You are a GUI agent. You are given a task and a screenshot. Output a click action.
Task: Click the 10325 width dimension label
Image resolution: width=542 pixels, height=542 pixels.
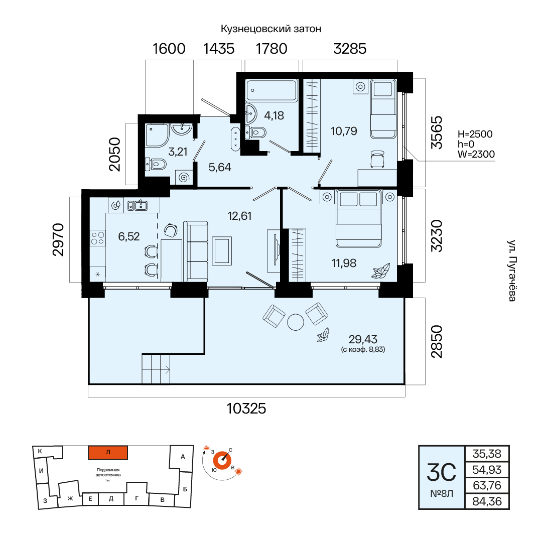[246, 408]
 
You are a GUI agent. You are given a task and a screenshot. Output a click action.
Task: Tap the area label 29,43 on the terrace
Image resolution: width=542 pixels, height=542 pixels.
[363, 339]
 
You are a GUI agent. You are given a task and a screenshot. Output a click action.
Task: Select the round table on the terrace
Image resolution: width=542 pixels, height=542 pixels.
[296, 322]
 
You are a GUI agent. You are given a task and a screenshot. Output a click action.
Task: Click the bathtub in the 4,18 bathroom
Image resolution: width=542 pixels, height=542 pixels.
[272, 90]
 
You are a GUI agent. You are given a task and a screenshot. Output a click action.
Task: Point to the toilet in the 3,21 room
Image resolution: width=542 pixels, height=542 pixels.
[156, 164]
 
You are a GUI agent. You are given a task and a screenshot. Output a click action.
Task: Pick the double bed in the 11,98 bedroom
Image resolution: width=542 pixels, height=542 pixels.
[359, 218]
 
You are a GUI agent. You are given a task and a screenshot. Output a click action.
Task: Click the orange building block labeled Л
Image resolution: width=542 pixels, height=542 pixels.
[108, 453]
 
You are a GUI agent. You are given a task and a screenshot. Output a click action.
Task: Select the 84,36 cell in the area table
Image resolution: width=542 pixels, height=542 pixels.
[487, 501]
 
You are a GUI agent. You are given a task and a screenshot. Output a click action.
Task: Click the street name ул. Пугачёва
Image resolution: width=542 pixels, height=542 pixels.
[511, 270]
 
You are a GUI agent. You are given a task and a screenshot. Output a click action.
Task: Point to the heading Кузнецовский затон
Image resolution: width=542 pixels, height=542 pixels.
[271, 29]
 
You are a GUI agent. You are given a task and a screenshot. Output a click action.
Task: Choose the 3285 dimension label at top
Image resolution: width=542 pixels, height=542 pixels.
[350, 49]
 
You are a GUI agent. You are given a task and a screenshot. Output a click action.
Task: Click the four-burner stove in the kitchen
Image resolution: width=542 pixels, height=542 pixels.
[97, 238]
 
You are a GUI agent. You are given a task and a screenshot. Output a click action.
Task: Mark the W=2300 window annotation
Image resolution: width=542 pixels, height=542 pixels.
[476, 154]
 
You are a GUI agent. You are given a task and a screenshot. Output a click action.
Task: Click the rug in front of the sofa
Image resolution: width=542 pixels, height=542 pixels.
[222, 251]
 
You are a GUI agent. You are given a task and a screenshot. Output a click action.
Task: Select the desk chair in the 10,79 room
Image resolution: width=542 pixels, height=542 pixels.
[377, 159]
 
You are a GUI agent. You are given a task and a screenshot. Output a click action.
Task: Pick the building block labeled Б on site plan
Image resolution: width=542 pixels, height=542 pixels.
[185, 489]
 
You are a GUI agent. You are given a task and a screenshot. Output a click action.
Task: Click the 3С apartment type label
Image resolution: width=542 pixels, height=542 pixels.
[442, 473]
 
